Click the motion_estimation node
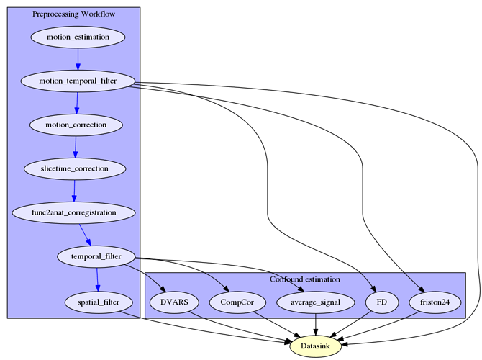[78, 37]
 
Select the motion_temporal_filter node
[78, 81]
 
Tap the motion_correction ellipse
[76, 125]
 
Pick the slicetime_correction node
[75, 168]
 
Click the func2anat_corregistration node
[74, 212]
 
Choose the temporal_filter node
[96, 256]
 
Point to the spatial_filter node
[99, 302]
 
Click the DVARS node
[174, 302]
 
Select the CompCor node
[237, 302]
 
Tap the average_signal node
[316, 302]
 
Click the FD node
[382, 302]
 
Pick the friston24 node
[435, 302]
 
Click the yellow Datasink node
[315, 346]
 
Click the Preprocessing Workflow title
[74, 14]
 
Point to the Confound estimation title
[305, 279]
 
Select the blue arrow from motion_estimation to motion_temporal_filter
[78, 59]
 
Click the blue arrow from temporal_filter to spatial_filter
[97, 279]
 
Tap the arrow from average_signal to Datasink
[316, 324]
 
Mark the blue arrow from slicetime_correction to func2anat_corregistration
[74, 191]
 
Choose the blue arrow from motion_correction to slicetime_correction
[76, 147]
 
